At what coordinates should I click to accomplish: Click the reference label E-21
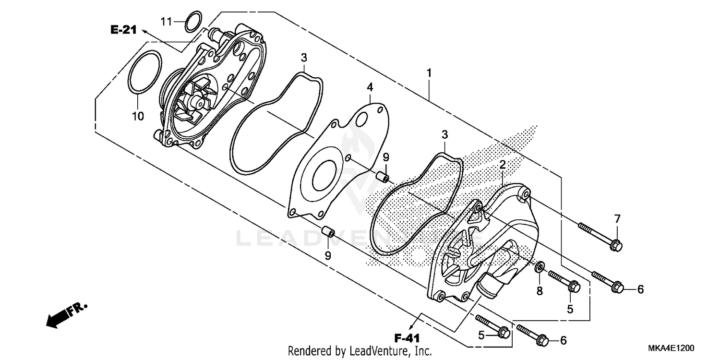(123, 30)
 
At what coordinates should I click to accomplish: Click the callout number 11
(166, 21)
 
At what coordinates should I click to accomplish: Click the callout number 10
(138, 116)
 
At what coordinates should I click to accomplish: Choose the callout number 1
(429, 73)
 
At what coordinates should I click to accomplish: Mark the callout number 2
(503, 164)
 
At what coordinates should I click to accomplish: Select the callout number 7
(617, 219)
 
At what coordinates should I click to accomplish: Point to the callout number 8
(540, 290)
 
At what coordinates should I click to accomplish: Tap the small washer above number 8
(540, 266)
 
